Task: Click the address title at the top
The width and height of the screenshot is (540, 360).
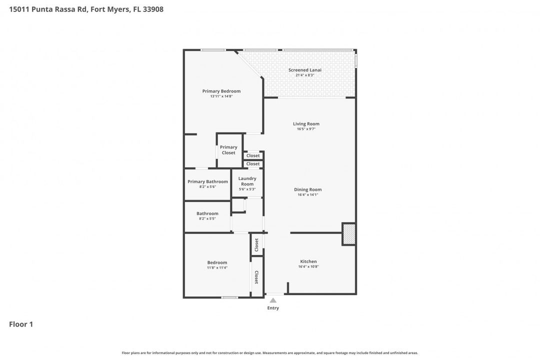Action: [x=86, y=9]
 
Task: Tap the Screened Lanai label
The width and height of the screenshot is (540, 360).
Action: [x=304, y=70]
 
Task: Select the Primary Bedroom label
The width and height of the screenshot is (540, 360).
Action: [x=221, y=91]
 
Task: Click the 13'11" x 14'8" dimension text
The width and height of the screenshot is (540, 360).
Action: [x=221, y=96]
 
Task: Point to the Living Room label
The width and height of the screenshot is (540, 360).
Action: [x=306, y=123]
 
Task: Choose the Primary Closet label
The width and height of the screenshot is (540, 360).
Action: [x=228, y=150]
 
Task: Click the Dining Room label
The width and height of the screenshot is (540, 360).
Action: [x=307, y=189]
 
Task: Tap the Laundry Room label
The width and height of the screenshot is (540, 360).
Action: [x=247, y=181]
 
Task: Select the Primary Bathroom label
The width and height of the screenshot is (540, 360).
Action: [x=207, y=181]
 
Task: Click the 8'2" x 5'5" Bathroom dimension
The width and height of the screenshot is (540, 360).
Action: [x=207, y=218]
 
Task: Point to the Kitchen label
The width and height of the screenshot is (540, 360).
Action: [x=308, y=261]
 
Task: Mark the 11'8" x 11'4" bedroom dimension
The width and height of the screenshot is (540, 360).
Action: [x=217, y=267]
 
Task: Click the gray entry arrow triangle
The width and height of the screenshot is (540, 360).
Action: [x=273, y=300]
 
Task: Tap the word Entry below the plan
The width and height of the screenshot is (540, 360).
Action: [x=273, y=308]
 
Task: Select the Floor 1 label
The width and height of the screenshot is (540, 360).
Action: [x=21, y=324]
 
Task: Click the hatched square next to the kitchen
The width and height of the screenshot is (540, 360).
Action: [x=349, y=234]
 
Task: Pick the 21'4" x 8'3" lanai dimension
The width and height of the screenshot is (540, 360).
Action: [x=304, y=75]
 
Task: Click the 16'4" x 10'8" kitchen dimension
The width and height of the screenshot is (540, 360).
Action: [x=308, y=266]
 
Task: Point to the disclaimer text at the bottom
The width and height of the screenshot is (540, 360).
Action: [x=270, y=353]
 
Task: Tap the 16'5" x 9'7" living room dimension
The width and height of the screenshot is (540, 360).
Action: [x=306, y=129]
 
